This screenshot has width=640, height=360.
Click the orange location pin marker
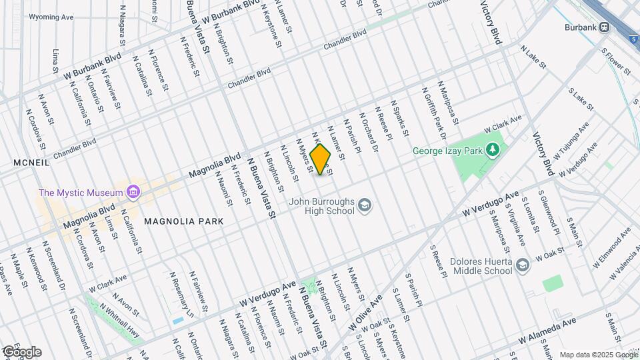(321, 159)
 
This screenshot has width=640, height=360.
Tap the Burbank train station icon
(605, 27)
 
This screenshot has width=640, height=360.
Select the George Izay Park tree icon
(493, 149)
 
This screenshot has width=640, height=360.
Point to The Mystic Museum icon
(133, 193)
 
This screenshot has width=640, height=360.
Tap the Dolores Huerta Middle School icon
(523, 265)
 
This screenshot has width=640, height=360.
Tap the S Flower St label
(615, 60)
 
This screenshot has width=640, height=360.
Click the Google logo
(21, 352)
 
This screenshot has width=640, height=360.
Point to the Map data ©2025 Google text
(598, 355)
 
